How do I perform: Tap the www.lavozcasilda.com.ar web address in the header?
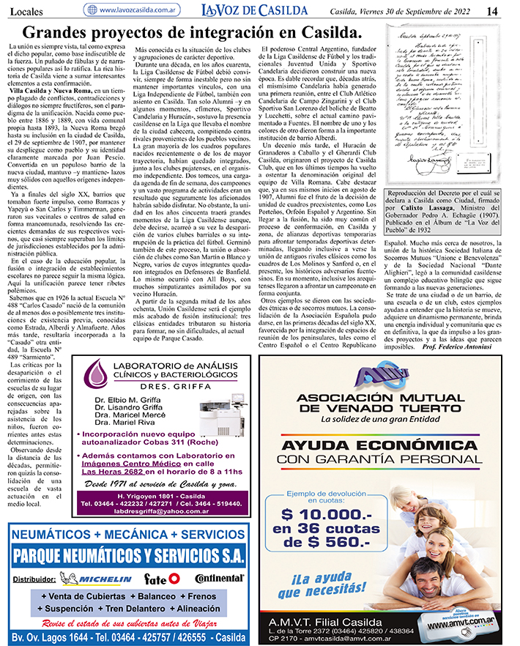pyautogui.click(x=141, y=10)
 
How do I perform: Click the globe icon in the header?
pyautogui.click(x=91, y=10)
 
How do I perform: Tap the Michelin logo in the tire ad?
pyautogui.click(x=92, y=579)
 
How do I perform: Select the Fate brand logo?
pyautogui.click(x=162, y=579)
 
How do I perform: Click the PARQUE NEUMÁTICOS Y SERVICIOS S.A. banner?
pyautogui.click(x=128, y=552)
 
